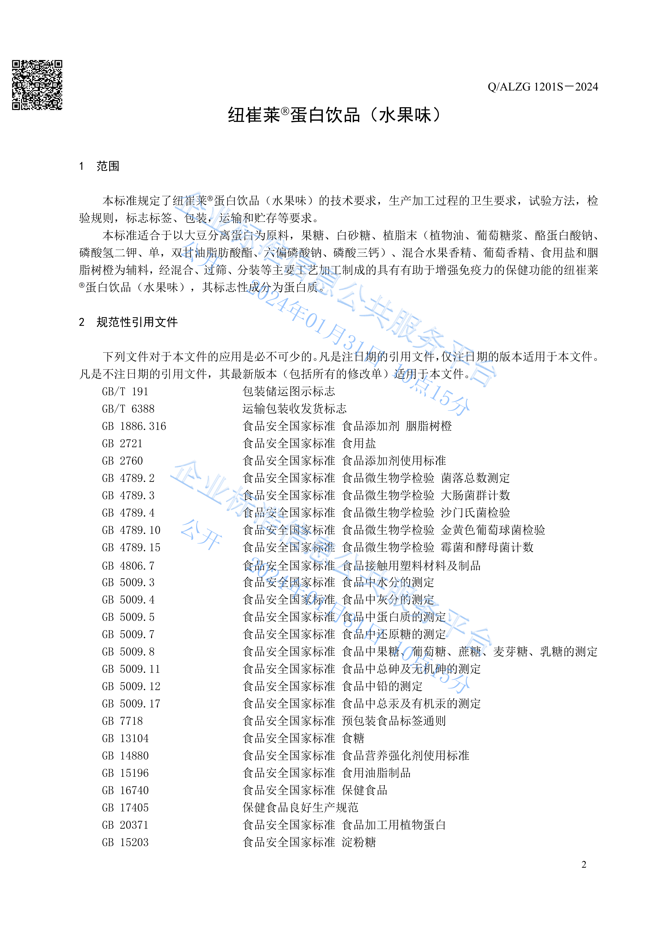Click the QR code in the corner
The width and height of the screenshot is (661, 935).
pos(37,85)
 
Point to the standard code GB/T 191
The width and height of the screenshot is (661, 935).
pos(125,392)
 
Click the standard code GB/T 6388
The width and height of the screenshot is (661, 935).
pos(128,409)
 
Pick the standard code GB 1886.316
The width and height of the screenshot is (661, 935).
pos(134,426)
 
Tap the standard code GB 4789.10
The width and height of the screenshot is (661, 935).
pos(131,530)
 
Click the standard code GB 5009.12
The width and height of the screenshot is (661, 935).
pos(131,687)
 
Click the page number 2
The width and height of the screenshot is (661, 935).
pos(584,864)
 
